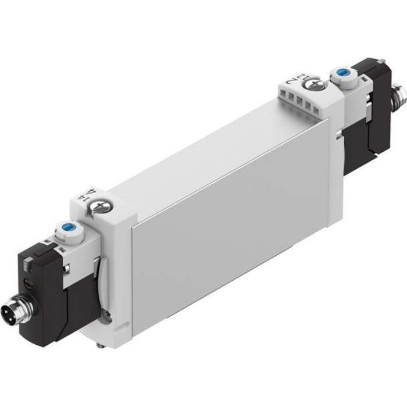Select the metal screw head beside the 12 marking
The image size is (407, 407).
click(315, 84)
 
